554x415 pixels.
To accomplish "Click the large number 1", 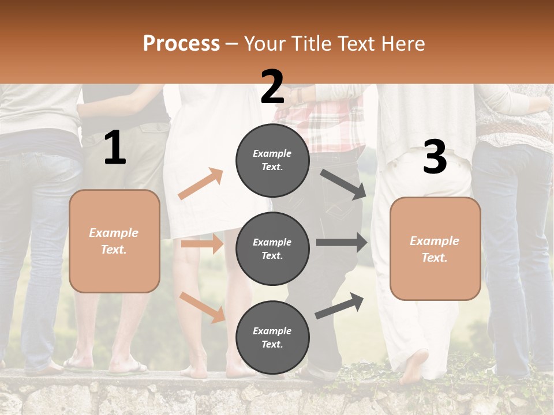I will (x=115, y=148).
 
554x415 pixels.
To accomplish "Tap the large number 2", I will (x=272, y=87).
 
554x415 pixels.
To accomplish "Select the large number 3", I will (x=435, y=157).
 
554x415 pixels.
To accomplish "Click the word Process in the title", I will (x=181, y=43).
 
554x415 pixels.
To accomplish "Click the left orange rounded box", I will (x=114, y=241).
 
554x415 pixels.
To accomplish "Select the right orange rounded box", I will (x=435, y=248).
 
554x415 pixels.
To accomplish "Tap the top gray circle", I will (x=272, y=160).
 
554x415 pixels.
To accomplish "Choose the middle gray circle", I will (x=272, y=248).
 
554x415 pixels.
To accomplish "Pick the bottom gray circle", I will (x=272, y=337).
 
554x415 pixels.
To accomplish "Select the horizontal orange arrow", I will (x=202, y=244).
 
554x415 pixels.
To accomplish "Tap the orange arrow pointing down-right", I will (x=203, y=307).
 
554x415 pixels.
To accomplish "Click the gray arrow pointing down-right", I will (x=343, y=184).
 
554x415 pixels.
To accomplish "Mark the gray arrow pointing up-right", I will (x=340, y=305).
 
